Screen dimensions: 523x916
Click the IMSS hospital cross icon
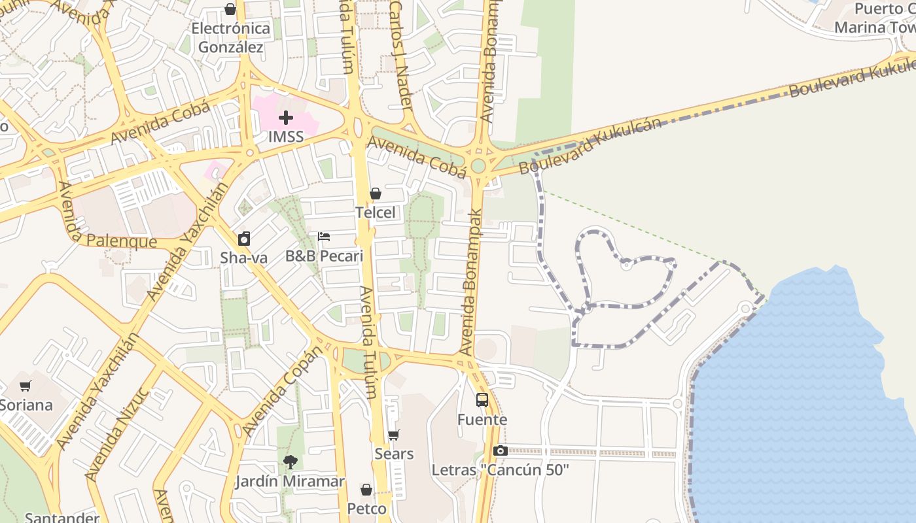point(286,118)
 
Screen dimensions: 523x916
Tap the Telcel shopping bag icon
point(376,194)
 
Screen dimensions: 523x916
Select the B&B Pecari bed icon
point(324,237)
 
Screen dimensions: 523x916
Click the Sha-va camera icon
point(244,239)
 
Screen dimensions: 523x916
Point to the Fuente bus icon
point(482,400)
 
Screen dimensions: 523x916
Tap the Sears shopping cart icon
point(394,435)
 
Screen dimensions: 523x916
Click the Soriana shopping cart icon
point(26,386)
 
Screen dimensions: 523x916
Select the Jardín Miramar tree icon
point(290,462)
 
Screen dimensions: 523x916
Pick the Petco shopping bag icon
point(366,490)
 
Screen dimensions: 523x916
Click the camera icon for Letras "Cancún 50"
point(501,450)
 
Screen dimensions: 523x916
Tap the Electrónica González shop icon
point(230,9)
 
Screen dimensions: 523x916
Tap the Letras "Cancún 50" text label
point(501,470)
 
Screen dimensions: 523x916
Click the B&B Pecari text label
point(324,256)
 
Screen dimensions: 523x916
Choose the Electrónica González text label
point(231,38)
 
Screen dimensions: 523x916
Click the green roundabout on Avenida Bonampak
point(478,165)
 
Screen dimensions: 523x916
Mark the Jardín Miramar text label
point(290,482)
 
